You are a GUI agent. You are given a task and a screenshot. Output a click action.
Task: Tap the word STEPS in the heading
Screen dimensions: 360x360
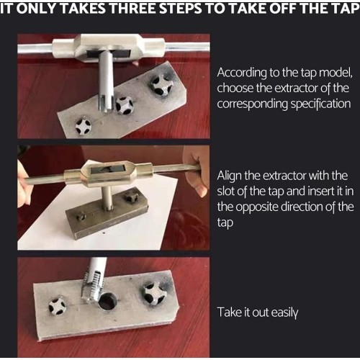[x=181, y=9]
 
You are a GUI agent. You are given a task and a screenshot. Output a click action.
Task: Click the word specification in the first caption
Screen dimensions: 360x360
[x=320, y=104]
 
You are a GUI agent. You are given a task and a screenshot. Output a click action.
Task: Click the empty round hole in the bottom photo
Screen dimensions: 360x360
[x=107, y=301]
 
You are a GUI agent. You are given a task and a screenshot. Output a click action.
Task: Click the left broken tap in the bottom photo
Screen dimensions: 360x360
[x=57, y=306]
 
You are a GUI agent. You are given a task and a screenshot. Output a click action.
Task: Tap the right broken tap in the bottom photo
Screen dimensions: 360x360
[x=153, y=292]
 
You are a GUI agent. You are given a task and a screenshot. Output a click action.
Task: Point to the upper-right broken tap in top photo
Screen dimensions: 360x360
[x=161, y=85]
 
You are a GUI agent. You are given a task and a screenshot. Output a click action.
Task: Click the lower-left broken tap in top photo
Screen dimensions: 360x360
[x=84, y=126]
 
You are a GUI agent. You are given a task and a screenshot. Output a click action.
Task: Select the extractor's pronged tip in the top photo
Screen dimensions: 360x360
[x=105, y=104]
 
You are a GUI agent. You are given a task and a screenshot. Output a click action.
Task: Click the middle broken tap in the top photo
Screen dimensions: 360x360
[x=125, y=105]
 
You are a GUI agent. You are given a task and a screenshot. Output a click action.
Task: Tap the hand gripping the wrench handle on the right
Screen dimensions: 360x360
[x=196, y=171]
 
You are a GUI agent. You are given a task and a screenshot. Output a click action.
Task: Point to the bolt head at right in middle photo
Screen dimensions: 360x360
[x=132, y=197]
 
